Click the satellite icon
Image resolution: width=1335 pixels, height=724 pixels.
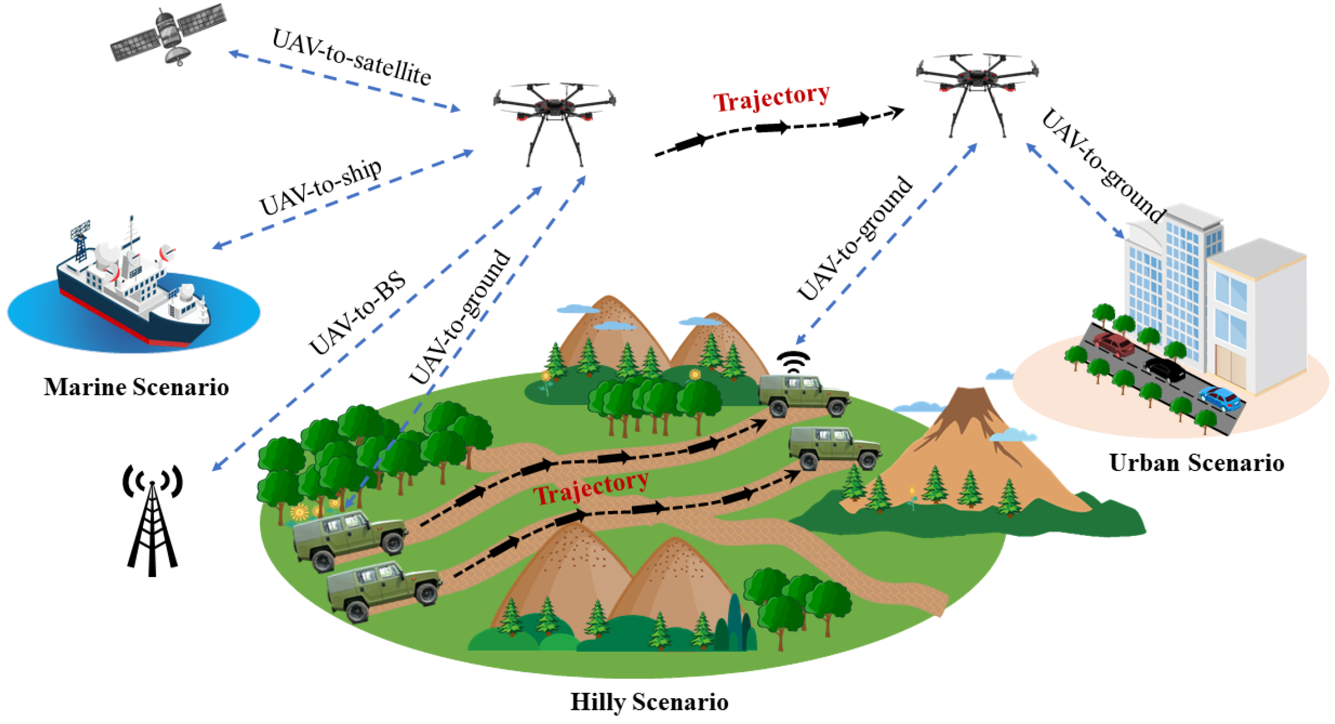pos(168,34)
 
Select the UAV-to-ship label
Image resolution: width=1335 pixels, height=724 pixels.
pos(321,187)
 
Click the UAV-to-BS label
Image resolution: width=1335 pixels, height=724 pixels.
pos(357,314)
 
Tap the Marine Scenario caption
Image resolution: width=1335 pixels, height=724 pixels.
pos(136,387)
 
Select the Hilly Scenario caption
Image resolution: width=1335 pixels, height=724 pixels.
pos(649,702)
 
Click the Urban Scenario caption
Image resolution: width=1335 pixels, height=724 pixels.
pos(1197,463)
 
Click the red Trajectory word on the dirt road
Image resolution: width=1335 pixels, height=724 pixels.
pos(591,487)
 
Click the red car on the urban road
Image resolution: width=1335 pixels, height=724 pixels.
pos(1114,345)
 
